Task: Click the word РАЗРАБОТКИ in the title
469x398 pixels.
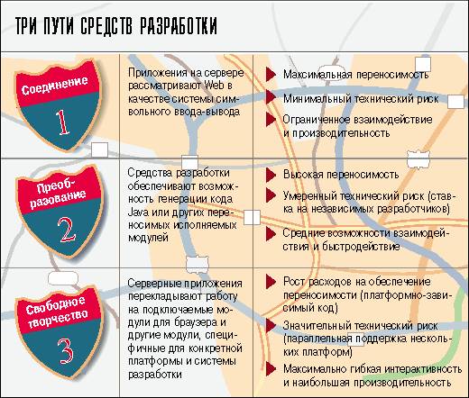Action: (x=179, y=26)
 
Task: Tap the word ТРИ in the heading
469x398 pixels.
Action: (x=26, y=26)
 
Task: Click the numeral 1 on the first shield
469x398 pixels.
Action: (x=62, y=122)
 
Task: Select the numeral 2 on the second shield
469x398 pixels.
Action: (x=67, y=230)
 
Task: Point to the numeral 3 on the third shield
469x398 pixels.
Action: (x=65, y=351)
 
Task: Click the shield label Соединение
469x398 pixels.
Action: (x=55, y=86)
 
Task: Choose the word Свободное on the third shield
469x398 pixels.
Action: (x=55, y=305)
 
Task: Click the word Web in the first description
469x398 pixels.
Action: (x=214, y=86)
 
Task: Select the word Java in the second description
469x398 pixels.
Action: (x=138, y=213)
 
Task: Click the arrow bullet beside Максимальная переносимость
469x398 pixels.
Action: (x=271, y=75)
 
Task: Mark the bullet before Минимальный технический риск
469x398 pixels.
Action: (x=271, y=97)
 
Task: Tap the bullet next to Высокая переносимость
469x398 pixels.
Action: (x=271, y=175)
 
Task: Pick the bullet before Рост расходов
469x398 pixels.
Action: (x=271, y=282)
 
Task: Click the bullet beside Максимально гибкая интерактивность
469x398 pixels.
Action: (x=271, y=368)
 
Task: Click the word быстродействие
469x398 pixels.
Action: (x=361, y=247)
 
